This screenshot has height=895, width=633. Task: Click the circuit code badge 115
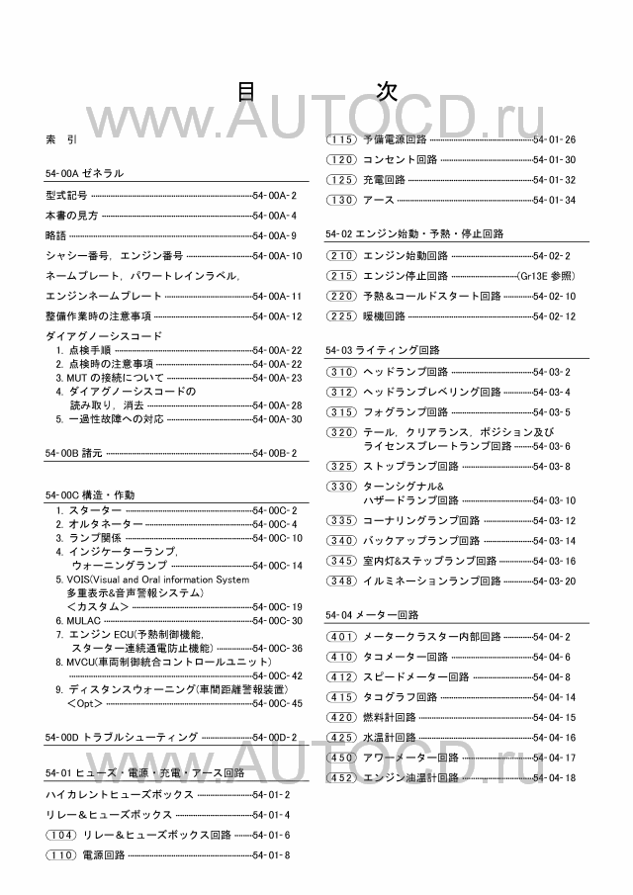[x=341, y=139]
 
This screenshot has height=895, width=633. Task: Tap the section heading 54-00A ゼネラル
[x=85, y=173]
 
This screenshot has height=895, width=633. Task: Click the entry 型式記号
[x=66, y=196]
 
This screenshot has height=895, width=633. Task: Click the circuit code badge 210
[x=341, y=255]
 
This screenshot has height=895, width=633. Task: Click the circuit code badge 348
[x=341, y=581]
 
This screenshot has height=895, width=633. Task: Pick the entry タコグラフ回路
[x=401, y=697]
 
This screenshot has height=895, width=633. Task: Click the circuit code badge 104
[x=60, y=835]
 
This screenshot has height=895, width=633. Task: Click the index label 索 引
[x=60, y=139]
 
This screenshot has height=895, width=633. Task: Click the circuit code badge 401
[x=341, y=637]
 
